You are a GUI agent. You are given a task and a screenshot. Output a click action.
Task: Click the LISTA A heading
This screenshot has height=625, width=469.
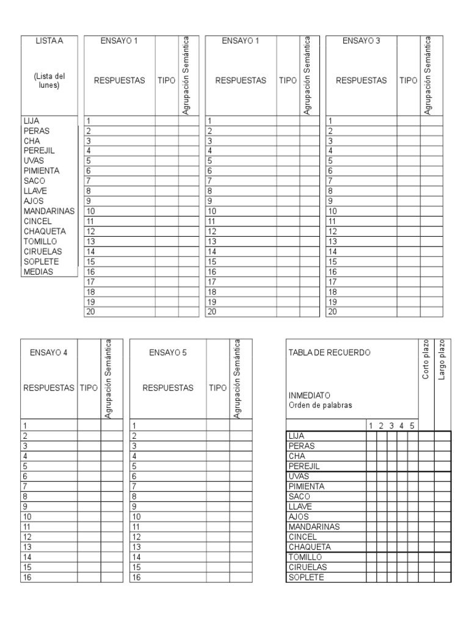49,42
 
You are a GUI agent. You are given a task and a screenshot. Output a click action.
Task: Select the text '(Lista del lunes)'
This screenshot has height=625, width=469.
49,81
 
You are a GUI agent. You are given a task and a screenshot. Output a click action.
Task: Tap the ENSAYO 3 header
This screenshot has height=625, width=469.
362,42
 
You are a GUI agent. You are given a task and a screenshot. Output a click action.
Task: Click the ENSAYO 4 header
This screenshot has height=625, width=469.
49,352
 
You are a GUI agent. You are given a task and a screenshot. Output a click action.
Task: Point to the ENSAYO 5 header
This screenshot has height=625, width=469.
168,352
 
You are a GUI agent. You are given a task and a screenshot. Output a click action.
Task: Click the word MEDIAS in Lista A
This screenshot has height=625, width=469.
38,272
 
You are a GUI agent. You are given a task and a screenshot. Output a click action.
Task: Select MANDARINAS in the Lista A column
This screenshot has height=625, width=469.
48,211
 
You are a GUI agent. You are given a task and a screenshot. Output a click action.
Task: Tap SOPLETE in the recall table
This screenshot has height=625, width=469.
307,577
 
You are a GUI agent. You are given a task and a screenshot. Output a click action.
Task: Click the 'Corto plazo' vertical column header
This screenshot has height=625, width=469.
426,360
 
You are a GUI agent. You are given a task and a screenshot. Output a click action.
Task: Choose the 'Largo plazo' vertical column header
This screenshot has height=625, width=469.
442,360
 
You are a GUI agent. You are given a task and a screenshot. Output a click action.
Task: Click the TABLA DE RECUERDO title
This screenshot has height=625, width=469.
329,352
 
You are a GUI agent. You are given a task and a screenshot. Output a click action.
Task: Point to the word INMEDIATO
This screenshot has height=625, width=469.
309,395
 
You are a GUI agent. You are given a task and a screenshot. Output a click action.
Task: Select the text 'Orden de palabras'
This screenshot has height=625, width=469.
320,405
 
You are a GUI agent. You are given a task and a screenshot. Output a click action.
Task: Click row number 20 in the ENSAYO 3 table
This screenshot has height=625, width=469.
333,312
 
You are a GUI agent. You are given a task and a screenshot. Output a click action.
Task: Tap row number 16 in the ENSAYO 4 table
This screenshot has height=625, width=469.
26,577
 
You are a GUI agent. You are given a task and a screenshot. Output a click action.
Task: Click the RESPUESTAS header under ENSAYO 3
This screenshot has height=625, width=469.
362,81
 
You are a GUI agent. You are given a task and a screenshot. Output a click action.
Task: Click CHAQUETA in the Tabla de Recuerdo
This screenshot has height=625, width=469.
310,547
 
